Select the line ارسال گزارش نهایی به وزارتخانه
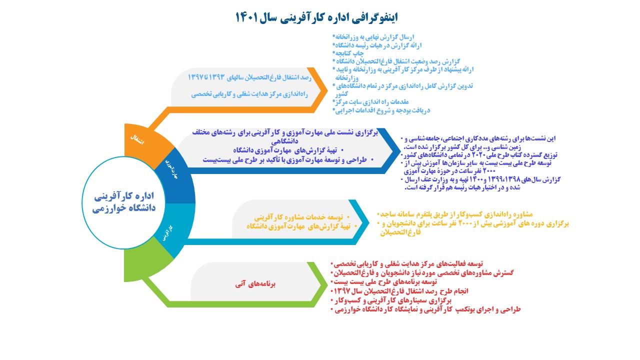tap(375, 37)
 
